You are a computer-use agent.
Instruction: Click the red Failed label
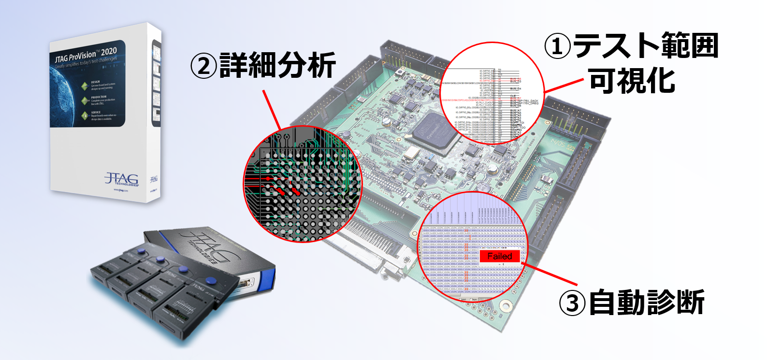click(x=499, y=257)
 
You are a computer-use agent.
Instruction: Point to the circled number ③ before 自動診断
click(x=572, y=303)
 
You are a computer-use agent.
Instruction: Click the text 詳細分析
click(x=277, y=66)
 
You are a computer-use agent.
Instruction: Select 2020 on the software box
click(x=109, y=51)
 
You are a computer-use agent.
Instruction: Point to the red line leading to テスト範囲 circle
click(x=564, y=86)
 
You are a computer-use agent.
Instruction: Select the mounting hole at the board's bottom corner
click(x=506, y=305)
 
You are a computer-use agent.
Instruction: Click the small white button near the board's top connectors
click(x=400, y=72)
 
